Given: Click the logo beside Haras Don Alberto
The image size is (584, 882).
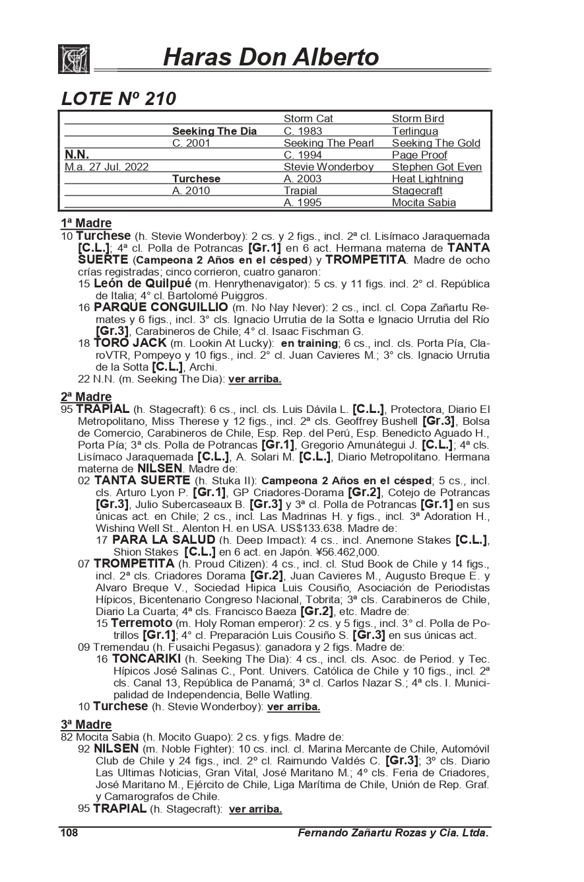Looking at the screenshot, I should coord(74,59).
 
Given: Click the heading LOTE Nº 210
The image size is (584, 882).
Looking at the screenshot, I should coord(118,99).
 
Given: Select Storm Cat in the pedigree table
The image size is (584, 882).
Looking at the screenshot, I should coord(308,119).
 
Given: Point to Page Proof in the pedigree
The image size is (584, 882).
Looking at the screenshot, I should coord(420,155).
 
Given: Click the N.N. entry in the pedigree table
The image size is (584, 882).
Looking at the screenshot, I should coord(77,155).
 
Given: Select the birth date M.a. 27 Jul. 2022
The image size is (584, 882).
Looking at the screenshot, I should coord(106,167).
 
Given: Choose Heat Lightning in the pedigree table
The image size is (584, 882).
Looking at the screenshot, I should coord(428,179).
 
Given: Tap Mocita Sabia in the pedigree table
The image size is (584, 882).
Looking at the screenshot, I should coord(424,203).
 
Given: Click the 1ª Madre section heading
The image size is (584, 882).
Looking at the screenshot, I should coord(86,223).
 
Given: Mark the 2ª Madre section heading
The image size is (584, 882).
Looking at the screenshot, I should coord(86,397).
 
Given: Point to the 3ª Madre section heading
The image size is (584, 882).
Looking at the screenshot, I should coord(86,725).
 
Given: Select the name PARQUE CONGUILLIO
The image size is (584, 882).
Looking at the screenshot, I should coord(160,307).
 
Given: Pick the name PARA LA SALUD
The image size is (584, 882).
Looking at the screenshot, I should coord(164,540).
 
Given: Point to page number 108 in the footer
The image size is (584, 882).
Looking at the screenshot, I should coord(69,834).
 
